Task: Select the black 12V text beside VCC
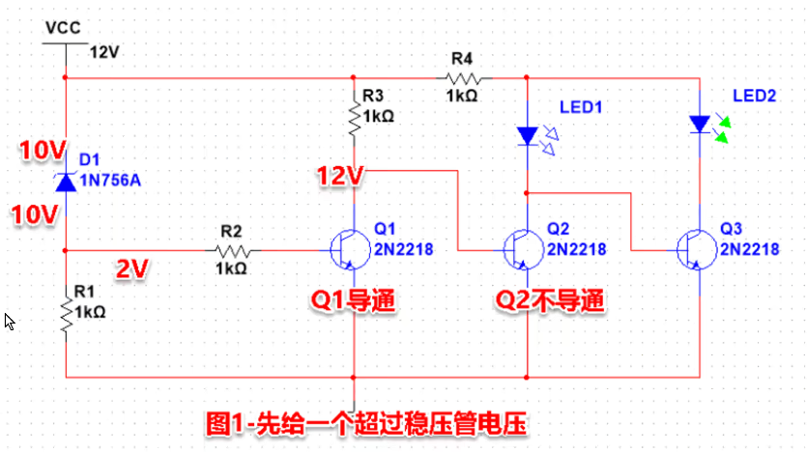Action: pyautogui.click(x=104, y=51)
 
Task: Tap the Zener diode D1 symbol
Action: pyautogui.click(x=65, y=181)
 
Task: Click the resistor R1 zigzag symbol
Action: pyautogui.click(x=65, y=316)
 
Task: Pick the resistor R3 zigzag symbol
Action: pyautogui.click(x=355, y=116)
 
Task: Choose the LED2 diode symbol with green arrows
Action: pyautogui.click(x=700, y=124)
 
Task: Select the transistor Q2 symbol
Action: pyautogui.click(x=520, y=249)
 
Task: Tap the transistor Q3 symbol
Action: pyautogui.click(x=692, y=249)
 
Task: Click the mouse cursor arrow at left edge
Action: pyautogui.click(x=10, y=321)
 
